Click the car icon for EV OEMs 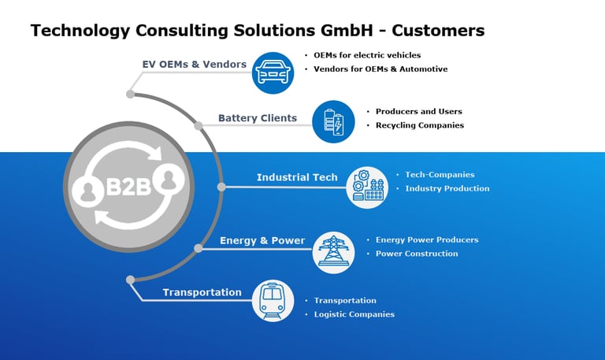coord(273,72)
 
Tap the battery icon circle coord(333,121)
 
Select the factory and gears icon coord(367,187)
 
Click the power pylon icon coord(333,252)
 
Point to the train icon coord(273,301)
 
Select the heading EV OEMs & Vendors coord(195,64)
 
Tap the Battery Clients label coord(258,118)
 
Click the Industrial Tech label coord(297,177)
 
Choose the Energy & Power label coord(262,240)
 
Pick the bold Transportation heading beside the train coord(202,292)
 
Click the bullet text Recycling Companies coord(419,125)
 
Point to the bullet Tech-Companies coord(440,174)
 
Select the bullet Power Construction coord(417,254)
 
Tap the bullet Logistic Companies coord(354,314)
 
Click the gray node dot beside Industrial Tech coord(221,187)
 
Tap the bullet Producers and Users coord(418,111)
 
